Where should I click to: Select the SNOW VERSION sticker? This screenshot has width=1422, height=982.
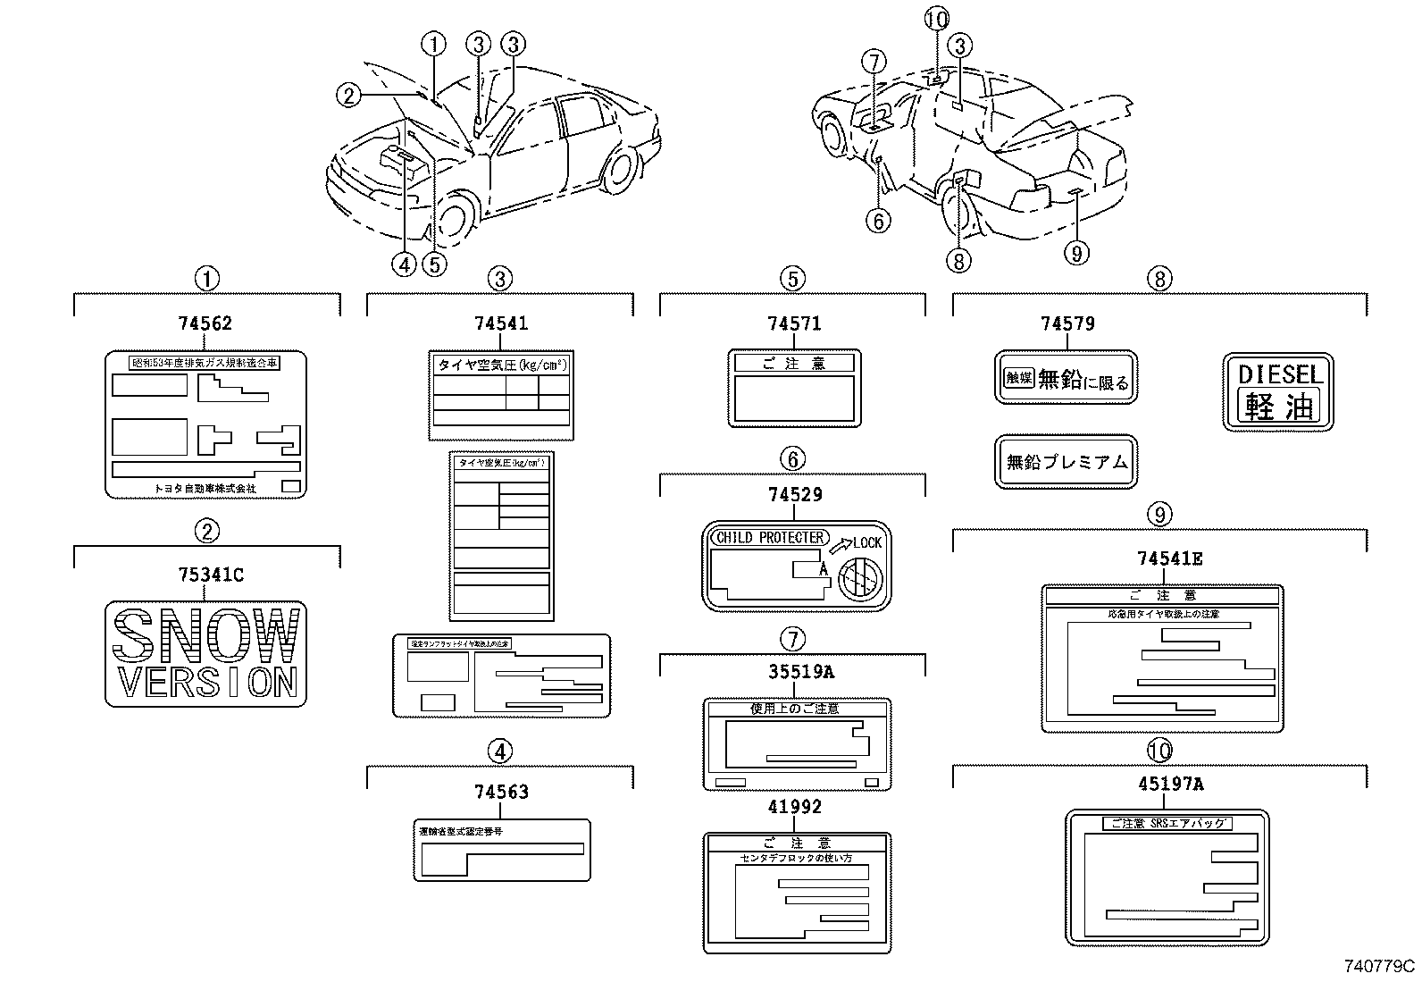[x=206, y=654]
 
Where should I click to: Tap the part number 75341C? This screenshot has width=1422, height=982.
[x=211, y=575]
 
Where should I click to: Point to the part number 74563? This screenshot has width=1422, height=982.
[x=501, y=793]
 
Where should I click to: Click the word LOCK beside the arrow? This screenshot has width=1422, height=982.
[x=866, y=542]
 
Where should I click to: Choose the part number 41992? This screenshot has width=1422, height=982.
[x=794, y=807]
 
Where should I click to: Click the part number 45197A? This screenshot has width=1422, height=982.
[x=1170, y=785]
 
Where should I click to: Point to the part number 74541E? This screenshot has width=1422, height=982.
[x=1169, y=559]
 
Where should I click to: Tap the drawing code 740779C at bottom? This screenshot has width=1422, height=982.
[x=1380, y=966]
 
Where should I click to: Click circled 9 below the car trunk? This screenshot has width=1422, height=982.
[x=1076, y=255]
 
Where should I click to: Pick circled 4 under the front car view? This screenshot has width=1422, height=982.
[x=404, y=264]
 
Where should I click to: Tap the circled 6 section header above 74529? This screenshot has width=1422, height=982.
[x=793, y=459]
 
